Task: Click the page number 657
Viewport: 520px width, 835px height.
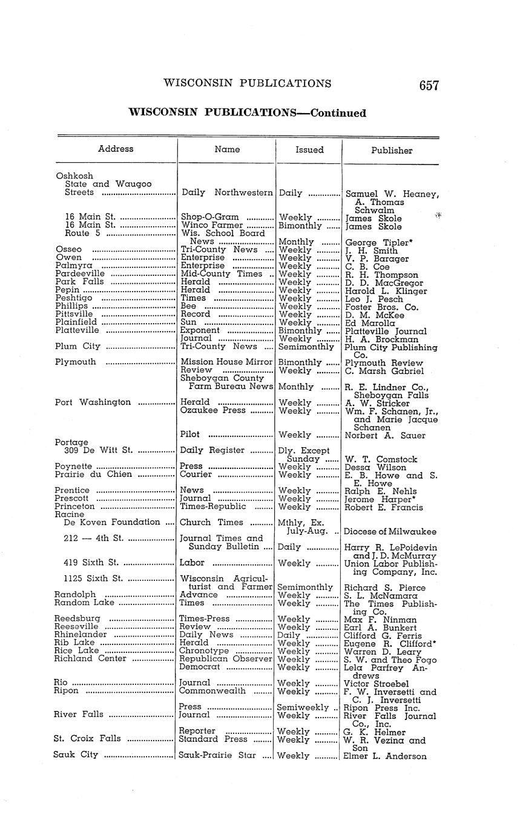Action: (x=429, y=85)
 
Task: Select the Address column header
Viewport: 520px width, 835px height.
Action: (x=116, y=149)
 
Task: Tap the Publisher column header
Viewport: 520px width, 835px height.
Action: (x=392, y=150)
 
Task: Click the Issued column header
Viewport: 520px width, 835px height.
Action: (x=309, y=149)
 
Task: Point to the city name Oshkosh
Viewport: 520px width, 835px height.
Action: (x=74, y=176)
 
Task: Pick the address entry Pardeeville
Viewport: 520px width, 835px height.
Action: (x=80, y=273)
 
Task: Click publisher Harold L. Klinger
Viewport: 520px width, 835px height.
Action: (x=386, y=291)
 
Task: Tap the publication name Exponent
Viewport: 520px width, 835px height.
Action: (x=200, y=330)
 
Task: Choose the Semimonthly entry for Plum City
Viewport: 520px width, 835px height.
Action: (x=306, y=347)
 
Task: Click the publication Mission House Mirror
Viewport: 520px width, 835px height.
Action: (x=227, y=362)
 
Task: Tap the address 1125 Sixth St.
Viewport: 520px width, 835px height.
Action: (x=93, y=578)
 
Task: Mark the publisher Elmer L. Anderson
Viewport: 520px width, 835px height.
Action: (x=384, y=756)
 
